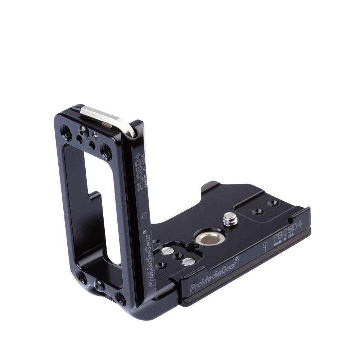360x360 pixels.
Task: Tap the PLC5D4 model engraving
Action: click(x=141, y=172)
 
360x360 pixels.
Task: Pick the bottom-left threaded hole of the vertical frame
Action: click(x=82, y=278)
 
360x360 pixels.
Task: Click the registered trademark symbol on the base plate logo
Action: click(x=237, y=258)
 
